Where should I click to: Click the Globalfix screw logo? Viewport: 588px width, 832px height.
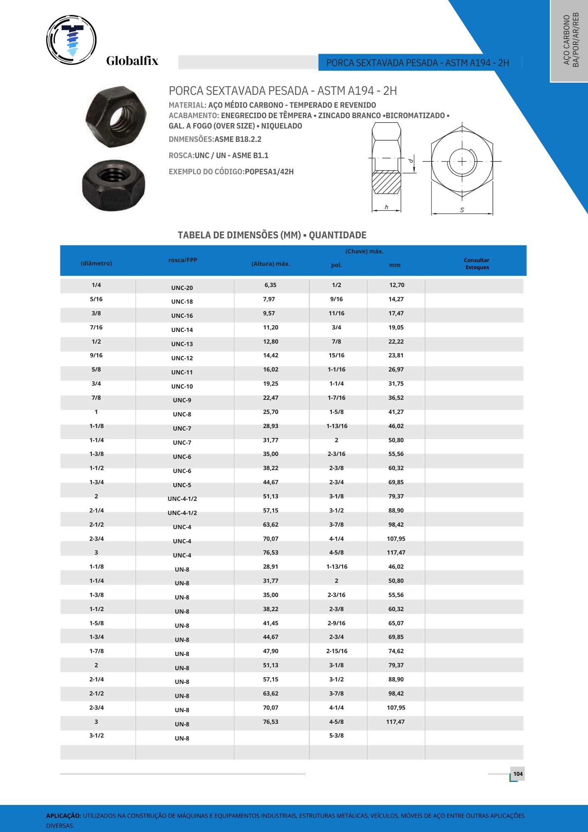coord(72,40)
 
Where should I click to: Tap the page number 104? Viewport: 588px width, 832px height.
coord(518,774)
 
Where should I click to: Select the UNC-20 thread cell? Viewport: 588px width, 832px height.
coord(182,288)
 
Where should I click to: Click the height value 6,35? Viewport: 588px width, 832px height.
coord(270,285)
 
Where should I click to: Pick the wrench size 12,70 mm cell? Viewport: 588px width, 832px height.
coord(396,285)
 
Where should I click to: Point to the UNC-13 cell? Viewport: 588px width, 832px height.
coord(182,344)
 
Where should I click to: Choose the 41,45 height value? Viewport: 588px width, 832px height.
coord(270,623)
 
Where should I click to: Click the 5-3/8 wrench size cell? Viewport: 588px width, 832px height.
coord(336,735)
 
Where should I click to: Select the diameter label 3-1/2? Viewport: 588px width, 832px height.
coord(96,735)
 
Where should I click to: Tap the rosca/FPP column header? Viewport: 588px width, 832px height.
coord(183,260)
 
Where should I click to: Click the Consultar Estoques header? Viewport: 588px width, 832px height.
coord(477,264)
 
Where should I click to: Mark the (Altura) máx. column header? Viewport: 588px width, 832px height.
coord(271,264)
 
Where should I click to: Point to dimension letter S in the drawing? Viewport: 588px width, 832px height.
coord(462,210)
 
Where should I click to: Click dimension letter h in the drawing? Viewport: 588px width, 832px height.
coord(386,207)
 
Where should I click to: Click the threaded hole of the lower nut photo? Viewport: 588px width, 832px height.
coord(113,175)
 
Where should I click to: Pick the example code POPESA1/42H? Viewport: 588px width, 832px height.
coord(269,172)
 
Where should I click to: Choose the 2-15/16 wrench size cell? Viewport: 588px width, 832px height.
coord(337,651)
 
